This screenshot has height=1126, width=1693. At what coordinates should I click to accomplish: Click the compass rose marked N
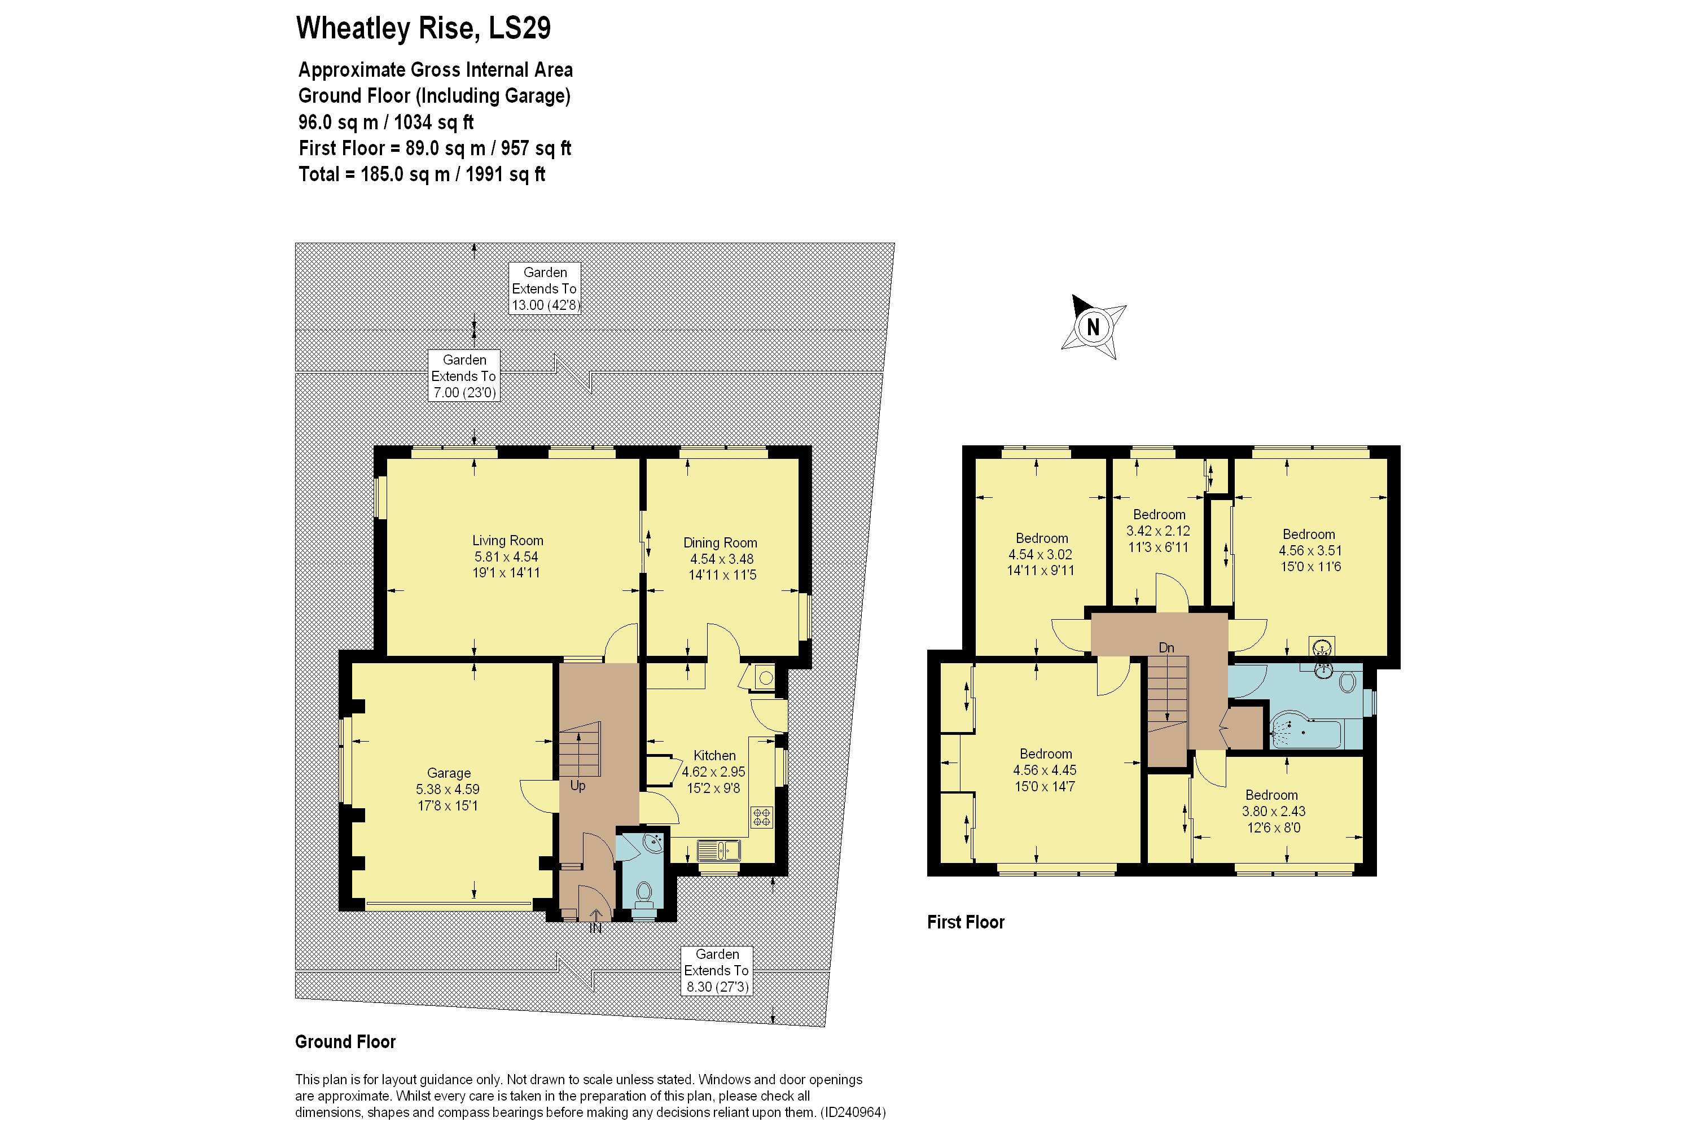(x=1093, y=327)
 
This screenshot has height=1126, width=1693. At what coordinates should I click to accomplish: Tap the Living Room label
(x=507, y=541)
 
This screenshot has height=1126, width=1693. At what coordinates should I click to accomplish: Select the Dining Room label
(x=720, y=543)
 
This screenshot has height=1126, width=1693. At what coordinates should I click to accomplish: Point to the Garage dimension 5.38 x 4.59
(x=448, y=789)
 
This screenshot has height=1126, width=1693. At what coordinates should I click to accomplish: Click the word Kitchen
(x=714, y=755)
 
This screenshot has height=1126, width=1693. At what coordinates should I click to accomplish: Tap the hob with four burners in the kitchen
(x=761, y=817)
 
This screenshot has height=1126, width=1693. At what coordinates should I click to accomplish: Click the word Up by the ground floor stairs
(x=578, y=786)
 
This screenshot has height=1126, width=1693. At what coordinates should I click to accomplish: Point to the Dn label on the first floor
(x=1166, y=648)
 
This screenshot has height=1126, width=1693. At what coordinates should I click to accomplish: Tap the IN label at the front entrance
(x=595, y=928)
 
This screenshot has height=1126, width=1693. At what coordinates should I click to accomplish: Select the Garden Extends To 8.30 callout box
(x=717, y=970)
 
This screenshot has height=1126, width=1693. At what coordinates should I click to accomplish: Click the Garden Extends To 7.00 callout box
(x=464, y=375)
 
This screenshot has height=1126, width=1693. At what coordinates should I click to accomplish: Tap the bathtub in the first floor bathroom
(x=1305, y=730)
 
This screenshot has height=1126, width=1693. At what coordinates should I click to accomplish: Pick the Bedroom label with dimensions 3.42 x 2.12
(x=1158, y=514)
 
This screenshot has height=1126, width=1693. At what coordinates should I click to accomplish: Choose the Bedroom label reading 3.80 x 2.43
(x=1271, y=795)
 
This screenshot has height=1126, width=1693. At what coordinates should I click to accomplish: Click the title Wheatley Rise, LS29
(x=424, y=28)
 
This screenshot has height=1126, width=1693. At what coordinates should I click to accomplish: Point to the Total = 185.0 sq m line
(x=422, y=174)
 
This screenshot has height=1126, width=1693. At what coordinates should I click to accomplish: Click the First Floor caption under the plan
(x=966, y=922)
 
